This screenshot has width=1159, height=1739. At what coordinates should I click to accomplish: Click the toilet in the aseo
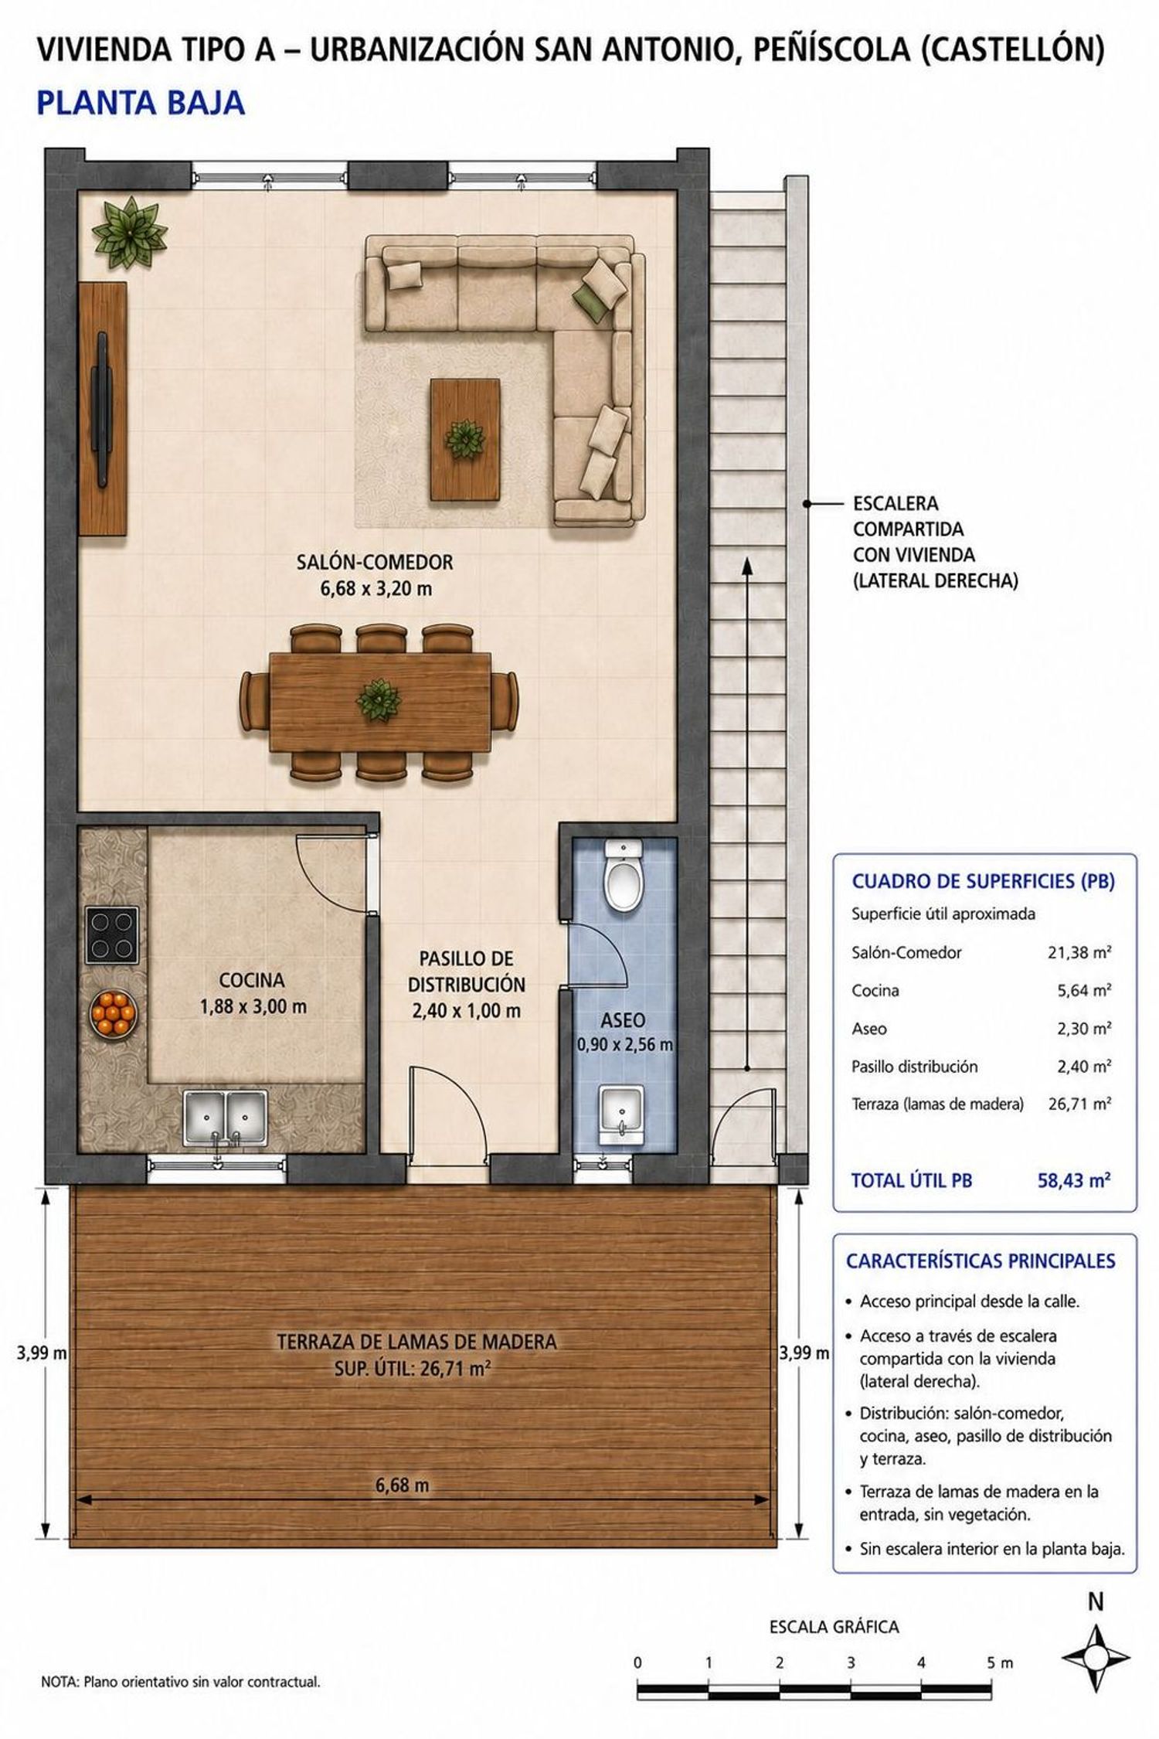click(624, 876)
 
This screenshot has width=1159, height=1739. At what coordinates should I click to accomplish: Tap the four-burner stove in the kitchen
click(112, 935)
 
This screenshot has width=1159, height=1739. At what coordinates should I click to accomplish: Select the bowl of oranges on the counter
click(114, 1013)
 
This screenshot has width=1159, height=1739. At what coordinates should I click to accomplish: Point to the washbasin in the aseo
click(622, 1115)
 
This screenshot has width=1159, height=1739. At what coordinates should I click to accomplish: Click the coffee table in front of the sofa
click(465, 440)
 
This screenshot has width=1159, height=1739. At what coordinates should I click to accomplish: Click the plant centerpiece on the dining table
click(379, 700)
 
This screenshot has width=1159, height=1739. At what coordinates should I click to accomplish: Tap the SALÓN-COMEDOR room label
click(376, 562)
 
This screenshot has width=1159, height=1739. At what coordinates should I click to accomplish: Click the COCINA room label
click(252, 980)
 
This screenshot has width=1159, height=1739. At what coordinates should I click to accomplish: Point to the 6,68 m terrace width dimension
click(402, 1485)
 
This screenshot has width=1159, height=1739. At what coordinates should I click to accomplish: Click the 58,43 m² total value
click(1074, 1180)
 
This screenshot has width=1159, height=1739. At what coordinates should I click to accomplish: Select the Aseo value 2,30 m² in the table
click(1084, 1029)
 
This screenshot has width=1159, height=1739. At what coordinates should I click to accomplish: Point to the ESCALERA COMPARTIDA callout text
click(935, 542)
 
